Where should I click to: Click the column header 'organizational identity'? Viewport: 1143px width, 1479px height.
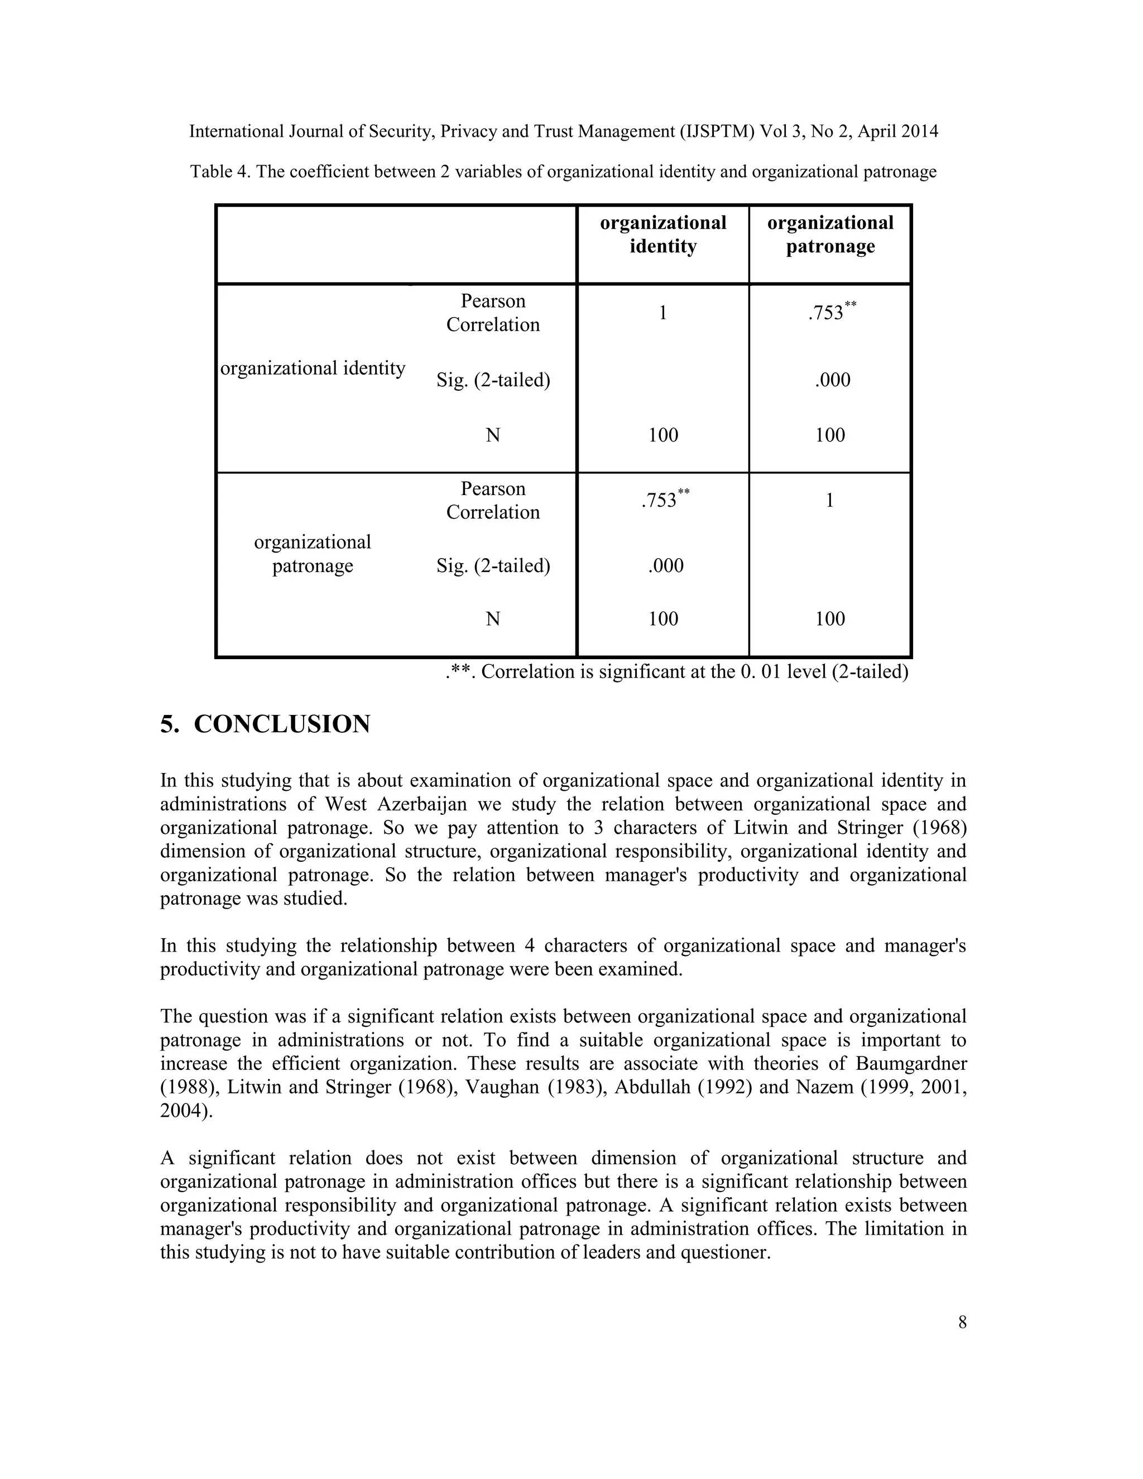663,234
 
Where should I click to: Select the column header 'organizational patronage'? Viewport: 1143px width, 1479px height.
830,234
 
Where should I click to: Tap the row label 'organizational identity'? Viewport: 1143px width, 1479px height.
313,368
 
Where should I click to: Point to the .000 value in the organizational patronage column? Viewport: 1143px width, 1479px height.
832,380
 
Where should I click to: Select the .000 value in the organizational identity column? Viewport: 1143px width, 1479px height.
666,565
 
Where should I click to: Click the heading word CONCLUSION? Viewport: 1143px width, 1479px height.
282,724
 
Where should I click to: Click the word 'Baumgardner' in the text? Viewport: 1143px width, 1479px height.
911,1063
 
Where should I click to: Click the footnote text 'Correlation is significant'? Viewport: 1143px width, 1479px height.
596,672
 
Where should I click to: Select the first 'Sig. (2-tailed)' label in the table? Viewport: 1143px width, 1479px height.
493,381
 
